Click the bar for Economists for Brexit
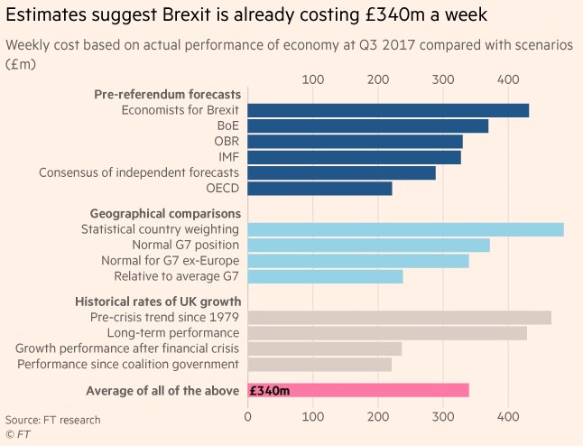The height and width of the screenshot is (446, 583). point(388,110)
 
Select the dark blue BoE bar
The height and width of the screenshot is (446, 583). point(367,126)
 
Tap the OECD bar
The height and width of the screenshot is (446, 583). point(319,189)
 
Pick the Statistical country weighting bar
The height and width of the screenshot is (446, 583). point(405,229)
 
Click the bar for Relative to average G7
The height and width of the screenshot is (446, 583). point(325,276)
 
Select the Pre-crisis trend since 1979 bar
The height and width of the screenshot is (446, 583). point(399,318)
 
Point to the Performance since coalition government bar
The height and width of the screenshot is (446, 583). point(319,364)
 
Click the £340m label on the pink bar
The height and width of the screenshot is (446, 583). point(269,390)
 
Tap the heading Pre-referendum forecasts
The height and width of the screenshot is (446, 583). point(167,94)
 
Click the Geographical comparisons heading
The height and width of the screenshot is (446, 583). point(164,213)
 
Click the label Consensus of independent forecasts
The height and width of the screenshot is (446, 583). point(138,172)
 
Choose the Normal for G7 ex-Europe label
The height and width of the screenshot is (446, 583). point(171,261)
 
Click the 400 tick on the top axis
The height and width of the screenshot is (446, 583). point(507,79)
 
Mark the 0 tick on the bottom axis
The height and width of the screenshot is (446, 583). point(248,417)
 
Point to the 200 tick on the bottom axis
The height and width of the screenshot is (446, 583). point(377,417)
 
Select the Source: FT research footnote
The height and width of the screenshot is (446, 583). point(52,420)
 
